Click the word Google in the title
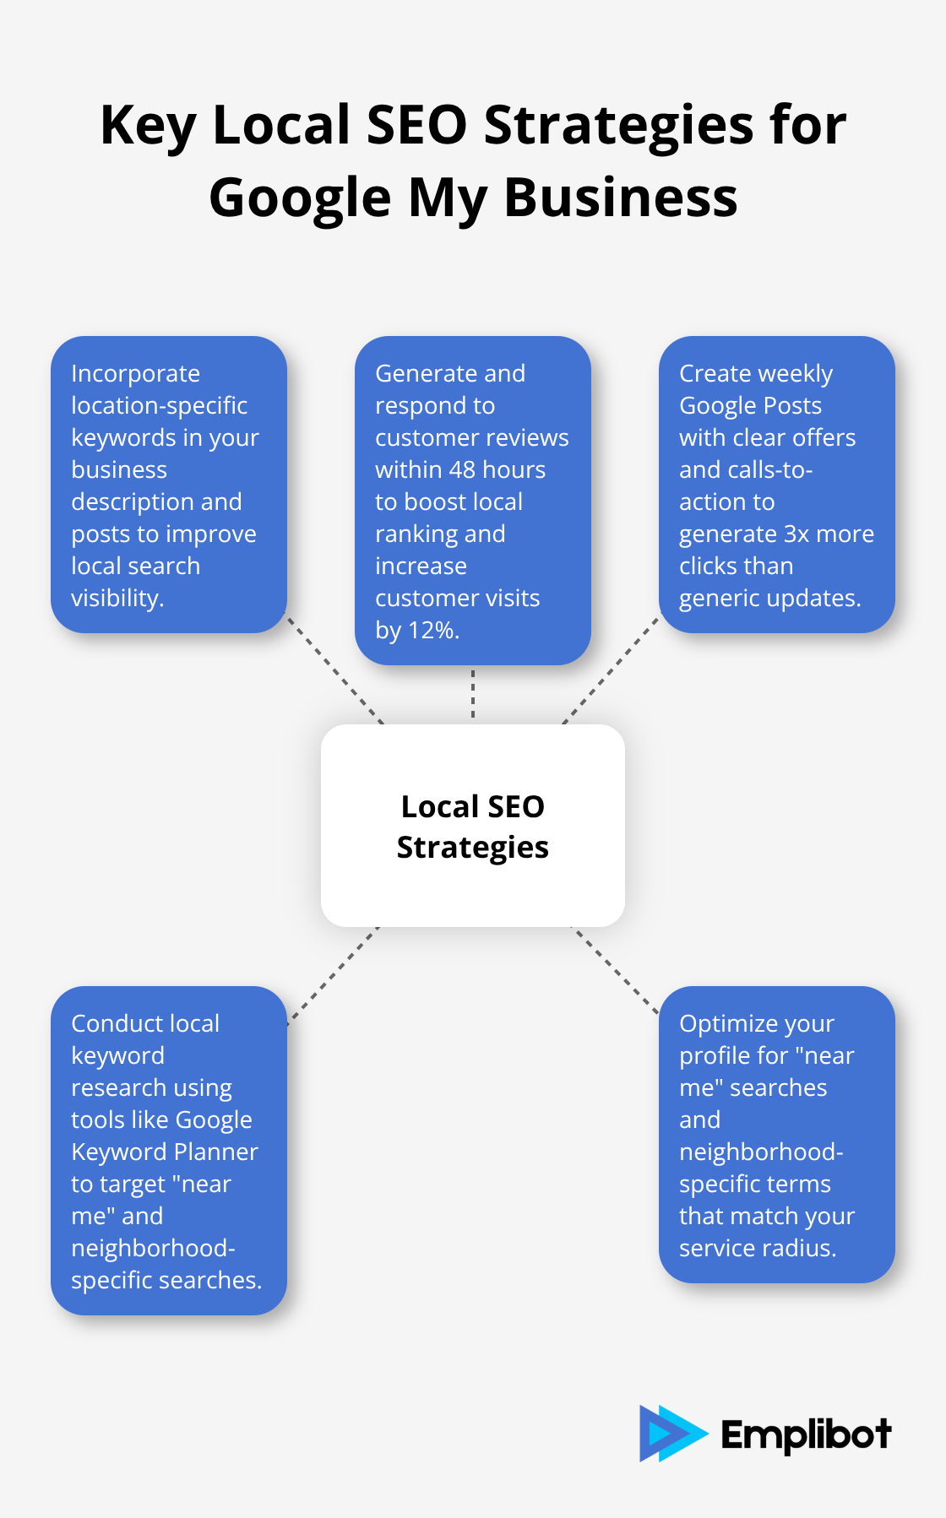click(x=300, y=198)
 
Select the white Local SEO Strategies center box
click(x=473, y=826)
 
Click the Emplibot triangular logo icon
click(x=670, y=1433)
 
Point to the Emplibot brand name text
click(x=806, y=1434)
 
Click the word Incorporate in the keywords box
click(x=135, y=374)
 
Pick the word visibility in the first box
click(x=117, y=599)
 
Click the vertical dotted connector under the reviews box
click(x=473, y=694)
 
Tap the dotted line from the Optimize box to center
click(x=615, y=969)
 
